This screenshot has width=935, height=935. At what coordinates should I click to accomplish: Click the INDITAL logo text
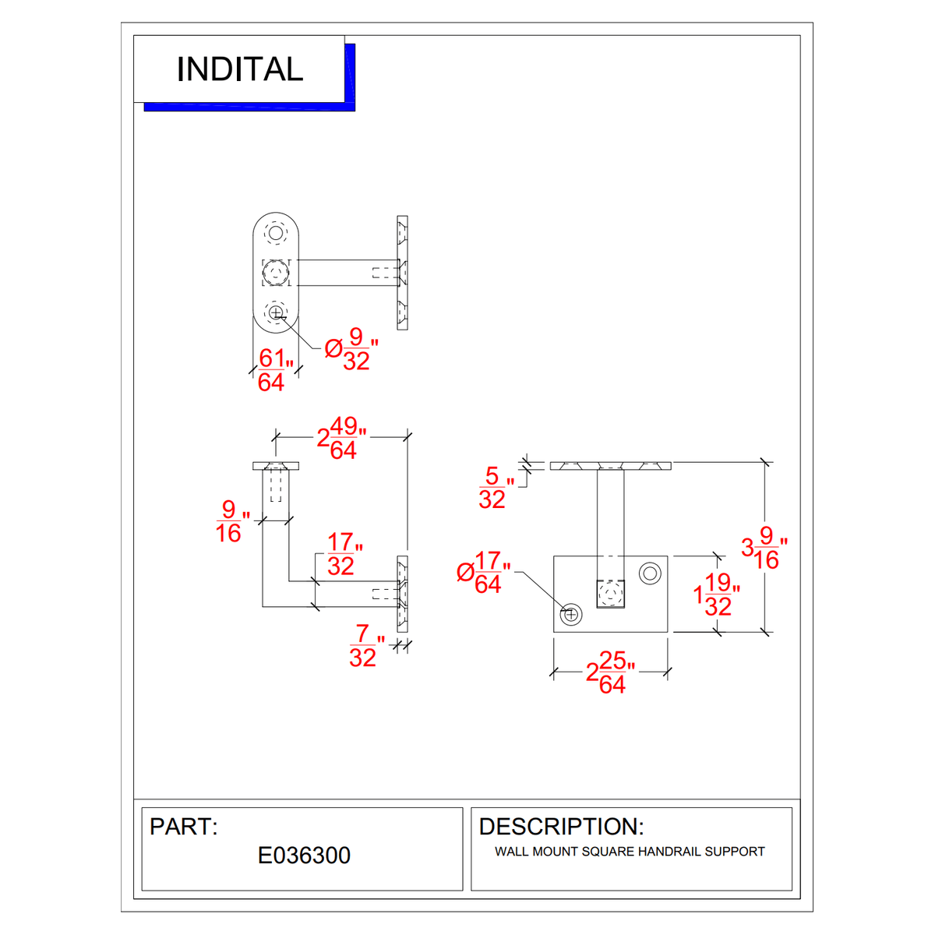pos(239,69)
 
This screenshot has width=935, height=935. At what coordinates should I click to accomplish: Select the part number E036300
pos(304,856)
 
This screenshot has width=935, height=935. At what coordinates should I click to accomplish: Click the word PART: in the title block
pos(184,827)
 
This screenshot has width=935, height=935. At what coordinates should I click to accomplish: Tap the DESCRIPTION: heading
pos(561,827)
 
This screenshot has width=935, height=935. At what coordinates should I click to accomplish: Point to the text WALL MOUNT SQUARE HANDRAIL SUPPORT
pos(630,852)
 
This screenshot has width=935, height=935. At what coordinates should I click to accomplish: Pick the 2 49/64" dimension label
pos(341,438)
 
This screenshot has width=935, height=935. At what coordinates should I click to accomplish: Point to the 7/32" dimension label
pos(365,646)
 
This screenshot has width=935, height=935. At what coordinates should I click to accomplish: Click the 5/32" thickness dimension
pos(495,488)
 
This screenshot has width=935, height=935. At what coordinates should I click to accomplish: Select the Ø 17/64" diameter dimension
pos(484,573)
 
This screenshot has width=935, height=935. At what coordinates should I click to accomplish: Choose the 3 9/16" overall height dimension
pos(763,548)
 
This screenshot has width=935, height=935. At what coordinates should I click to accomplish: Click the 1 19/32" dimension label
pos(715,595)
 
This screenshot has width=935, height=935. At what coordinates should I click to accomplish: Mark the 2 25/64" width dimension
pos(609,672)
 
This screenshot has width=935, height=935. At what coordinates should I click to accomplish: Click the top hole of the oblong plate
pos(276,233)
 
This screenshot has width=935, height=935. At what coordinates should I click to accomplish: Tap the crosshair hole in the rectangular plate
pos(571,614)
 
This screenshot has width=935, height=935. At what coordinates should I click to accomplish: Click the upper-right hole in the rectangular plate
pos(650,574)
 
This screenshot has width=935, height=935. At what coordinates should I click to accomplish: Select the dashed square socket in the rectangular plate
pos(611,594)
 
